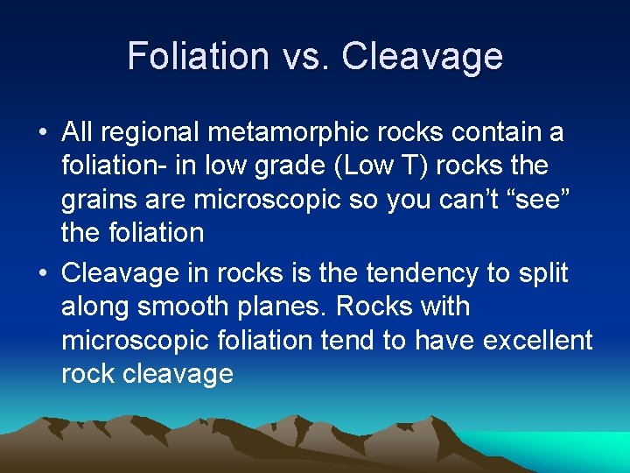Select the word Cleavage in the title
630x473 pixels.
[423, 56]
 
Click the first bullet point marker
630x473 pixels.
[42, 133]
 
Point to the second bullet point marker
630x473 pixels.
[42, 274]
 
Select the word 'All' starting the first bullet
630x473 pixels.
[78, 133]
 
